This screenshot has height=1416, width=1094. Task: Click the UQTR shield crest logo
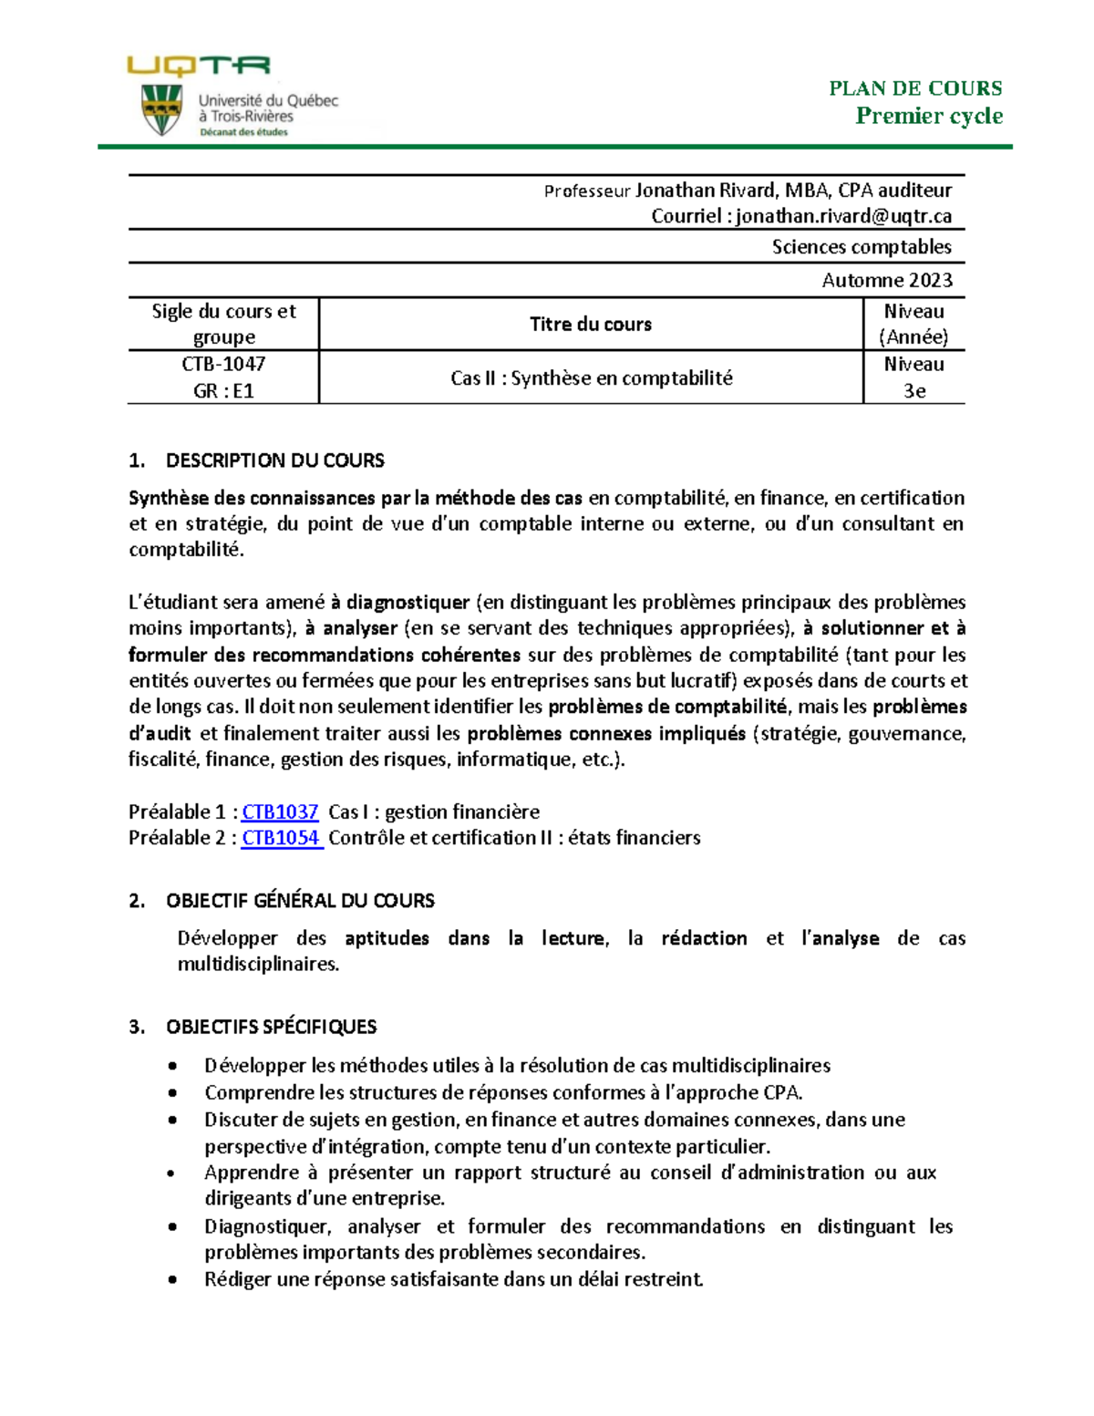[162, 109]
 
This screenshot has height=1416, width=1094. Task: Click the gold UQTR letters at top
[198, 65]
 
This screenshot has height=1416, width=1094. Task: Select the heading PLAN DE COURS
[914, 88]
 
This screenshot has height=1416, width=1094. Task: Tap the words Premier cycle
[928, 116]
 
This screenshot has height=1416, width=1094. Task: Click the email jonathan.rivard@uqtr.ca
[843, 216]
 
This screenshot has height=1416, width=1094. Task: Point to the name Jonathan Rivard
[705, 191]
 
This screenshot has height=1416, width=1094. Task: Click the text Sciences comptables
[861, 247]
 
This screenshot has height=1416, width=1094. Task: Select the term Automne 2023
[886, 280]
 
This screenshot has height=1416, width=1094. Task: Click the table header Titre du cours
[590, 324]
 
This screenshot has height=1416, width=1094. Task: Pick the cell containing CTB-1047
[223, 364]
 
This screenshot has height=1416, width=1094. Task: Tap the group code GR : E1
[223, 391]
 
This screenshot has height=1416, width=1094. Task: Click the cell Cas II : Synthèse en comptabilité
[591, 377]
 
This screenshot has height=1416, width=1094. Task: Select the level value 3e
[913, 391]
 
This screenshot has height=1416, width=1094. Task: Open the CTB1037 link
[280, 811]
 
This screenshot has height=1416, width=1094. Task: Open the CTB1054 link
[281, 838]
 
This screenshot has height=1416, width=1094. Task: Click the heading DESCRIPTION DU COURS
[274, 460]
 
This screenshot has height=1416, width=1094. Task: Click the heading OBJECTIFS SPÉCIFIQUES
[271, 1027]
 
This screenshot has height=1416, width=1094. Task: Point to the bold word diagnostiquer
[408, 602]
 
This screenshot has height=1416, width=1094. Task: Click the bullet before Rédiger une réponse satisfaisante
[173, 1280]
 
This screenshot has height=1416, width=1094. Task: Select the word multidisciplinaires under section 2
[257, 965]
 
